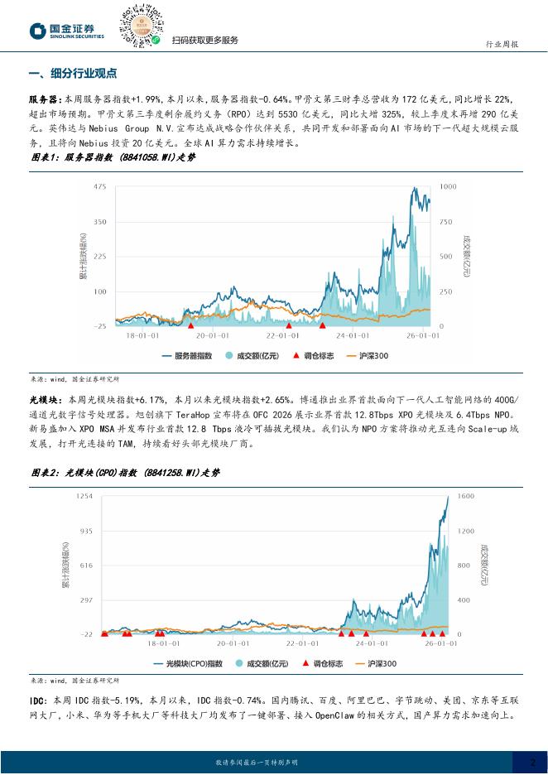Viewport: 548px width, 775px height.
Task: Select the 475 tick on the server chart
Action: [x=100, y=187]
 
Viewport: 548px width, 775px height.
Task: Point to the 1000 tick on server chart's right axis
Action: [x=448, y=187]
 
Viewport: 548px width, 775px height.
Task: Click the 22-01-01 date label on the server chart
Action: [x=281, y=335]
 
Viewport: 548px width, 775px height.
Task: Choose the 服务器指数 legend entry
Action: [x=195, y=356]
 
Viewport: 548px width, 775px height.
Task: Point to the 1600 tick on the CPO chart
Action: [x=466, y=495]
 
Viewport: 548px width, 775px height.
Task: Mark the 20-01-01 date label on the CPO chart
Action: [x=233, y=643]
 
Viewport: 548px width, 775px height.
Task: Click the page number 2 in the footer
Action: [x=533, y=762]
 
